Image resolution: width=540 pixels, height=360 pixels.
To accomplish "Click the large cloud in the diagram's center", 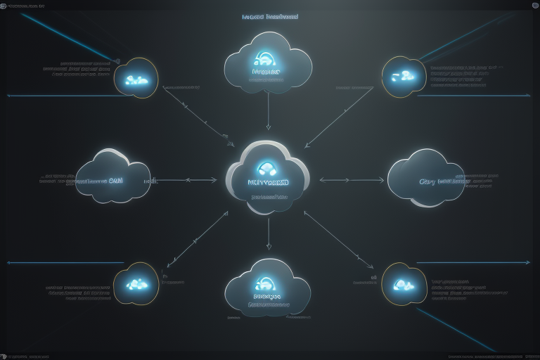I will click(268, 179).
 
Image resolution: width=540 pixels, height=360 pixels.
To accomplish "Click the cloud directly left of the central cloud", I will click(112, 177).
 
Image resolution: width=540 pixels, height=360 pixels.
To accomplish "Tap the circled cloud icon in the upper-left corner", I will click(136, 78).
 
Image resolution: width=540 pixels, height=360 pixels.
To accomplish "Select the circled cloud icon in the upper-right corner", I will click(404, 76).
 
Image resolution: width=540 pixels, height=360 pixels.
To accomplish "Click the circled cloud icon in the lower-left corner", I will click(136, 284).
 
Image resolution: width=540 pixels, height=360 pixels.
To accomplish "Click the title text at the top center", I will click(269, 16).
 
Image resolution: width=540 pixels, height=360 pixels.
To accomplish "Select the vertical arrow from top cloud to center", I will click(268, 112).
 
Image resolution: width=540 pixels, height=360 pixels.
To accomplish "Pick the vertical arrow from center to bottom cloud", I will click(268, 234).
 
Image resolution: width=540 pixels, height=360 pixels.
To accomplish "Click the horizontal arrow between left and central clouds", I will click(190, 180).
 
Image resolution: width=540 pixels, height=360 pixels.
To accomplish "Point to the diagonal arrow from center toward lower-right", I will click(339, 240).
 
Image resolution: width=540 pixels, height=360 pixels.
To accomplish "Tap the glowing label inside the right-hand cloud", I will click(444, 181).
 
